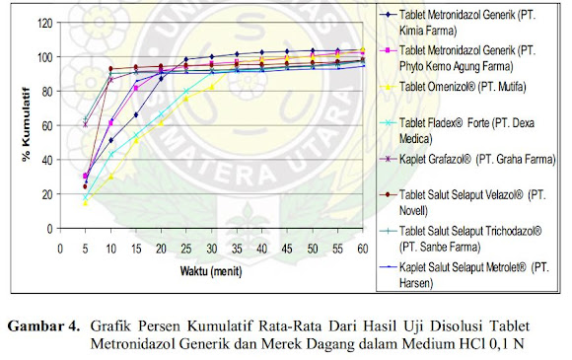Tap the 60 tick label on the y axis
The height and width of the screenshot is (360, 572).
(46, 125)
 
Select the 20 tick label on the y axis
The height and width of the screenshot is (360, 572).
(46, 194)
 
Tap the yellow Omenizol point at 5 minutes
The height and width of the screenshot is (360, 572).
(86, 202)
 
